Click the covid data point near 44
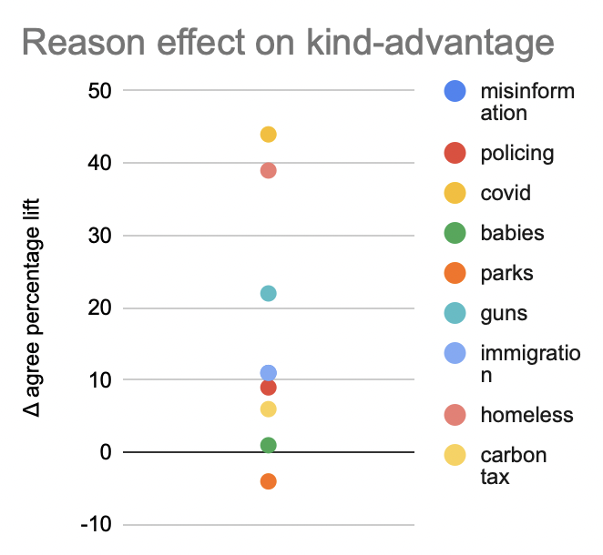point(268,135)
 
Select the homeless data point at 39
point(268,170)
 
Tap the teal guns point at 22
point(268,293)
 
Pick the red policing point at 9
point(268,387)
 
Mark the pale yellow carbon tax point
point(268,409)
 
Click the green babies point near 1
point(268,445)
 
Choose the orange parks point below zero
point(268,480)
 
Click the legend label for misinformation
point(527,102)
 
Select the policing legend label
point(516,152)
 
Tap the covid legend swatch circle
point(455,193)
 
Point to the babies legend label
point(512,233)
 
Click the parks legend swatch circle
point(455,273)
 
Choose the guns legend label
point(504,314)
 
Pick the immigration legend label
point(529,364)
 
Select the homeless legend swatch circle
point(455,415)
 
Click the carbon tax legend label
point(513,465)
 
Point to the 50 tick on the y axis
point(98,91)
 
